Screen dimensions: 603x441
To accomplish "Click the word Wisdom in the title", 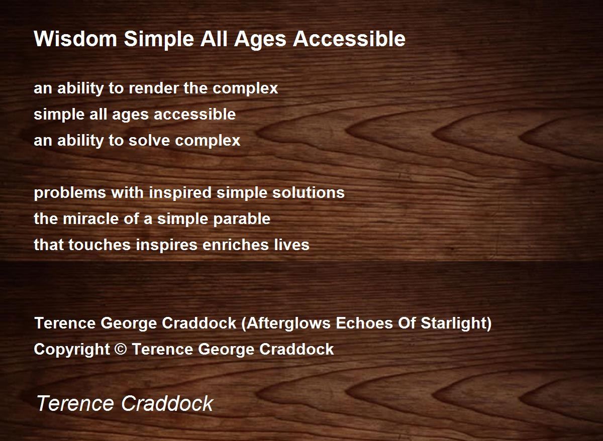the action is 75,39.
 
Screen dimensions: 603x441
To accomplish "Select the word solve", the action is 149,141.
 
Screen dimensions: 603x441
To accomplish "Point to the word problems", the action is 70,193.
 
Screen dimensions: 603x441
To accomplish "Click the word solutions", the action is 309,193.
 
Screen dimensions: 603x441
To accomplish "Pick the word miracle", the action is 90,218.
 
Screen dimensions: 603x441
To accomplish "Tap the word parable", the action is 242,219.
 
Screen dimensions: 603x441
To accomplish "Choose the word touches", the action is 99,245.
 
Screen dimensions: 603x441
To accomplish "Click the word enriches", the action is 236,245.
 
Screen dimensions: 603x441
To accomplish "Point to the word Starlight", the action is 454,323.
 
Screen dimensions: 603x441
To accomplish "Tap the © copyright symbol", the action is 121,349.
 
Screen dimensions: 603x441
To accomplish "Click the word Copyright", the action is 72,350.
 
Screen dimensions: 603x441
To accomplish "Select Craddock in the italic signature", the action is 167,403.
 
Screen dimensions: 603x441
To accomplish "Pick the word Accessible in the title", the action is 349,39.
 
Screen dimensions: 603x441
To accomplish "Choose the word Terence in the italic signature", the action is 75,403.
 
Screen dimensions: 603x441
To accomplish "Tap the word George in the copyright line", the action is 226,350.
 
